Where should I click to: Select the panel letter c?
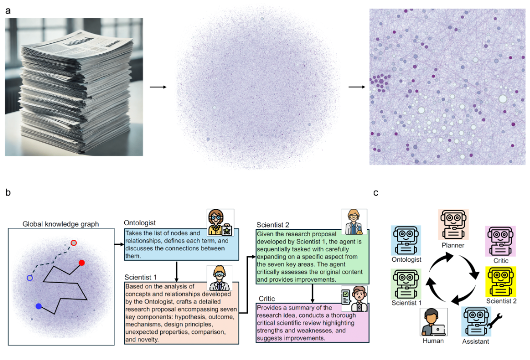[376, 193]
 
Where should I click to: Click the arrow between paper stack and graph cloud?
[158, 87]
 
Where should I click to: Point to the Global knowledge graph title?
[61, 224]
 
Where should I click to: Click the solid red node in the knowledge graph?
[82, 263]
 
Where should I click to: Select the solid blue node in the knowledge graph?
[38, 306]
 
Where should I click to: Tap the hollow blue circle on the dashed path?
[30, 278]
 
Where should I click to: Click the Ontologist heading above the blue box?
[139, 223]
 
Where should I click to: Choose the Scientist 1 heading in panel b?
[140, 277]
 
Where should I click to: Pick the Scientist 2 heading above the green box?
[273, 225]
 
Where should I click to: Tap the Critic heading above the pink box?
[266, 298]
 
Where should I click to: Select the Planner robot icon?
[453, 224]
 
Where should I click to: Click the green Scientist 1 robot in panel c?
[406, 283]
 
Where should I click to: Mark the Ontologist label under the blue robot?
[406, 259]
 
